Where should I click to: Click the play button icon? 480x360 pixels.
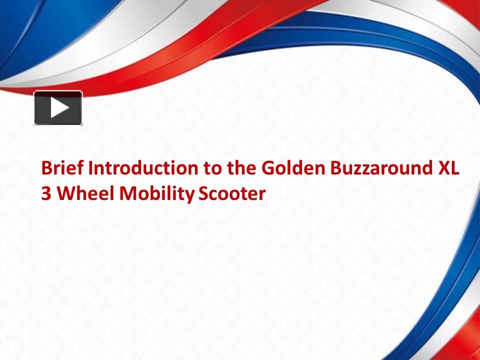click(x=58, y=108)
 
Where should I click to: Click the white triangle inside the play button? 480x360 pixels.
click(x=59, y=108)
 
